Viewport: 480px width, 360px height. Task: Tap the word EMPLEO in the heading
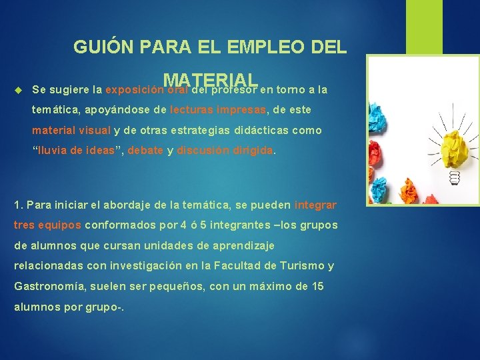point(261,47)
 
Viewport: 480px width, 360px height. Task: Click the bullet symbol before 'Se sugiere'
point(18,89)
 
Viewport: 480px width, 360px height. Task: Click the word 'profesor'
point(237,89)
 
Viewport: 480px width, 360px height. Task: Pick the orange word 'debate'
point(145,151)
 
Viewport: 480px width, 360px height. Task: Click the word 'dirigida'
point(253,151)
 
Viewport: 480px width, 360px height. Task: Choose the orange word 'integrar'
point(315,205)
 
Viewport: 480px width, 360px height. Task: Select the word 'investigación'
point(149,267)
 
